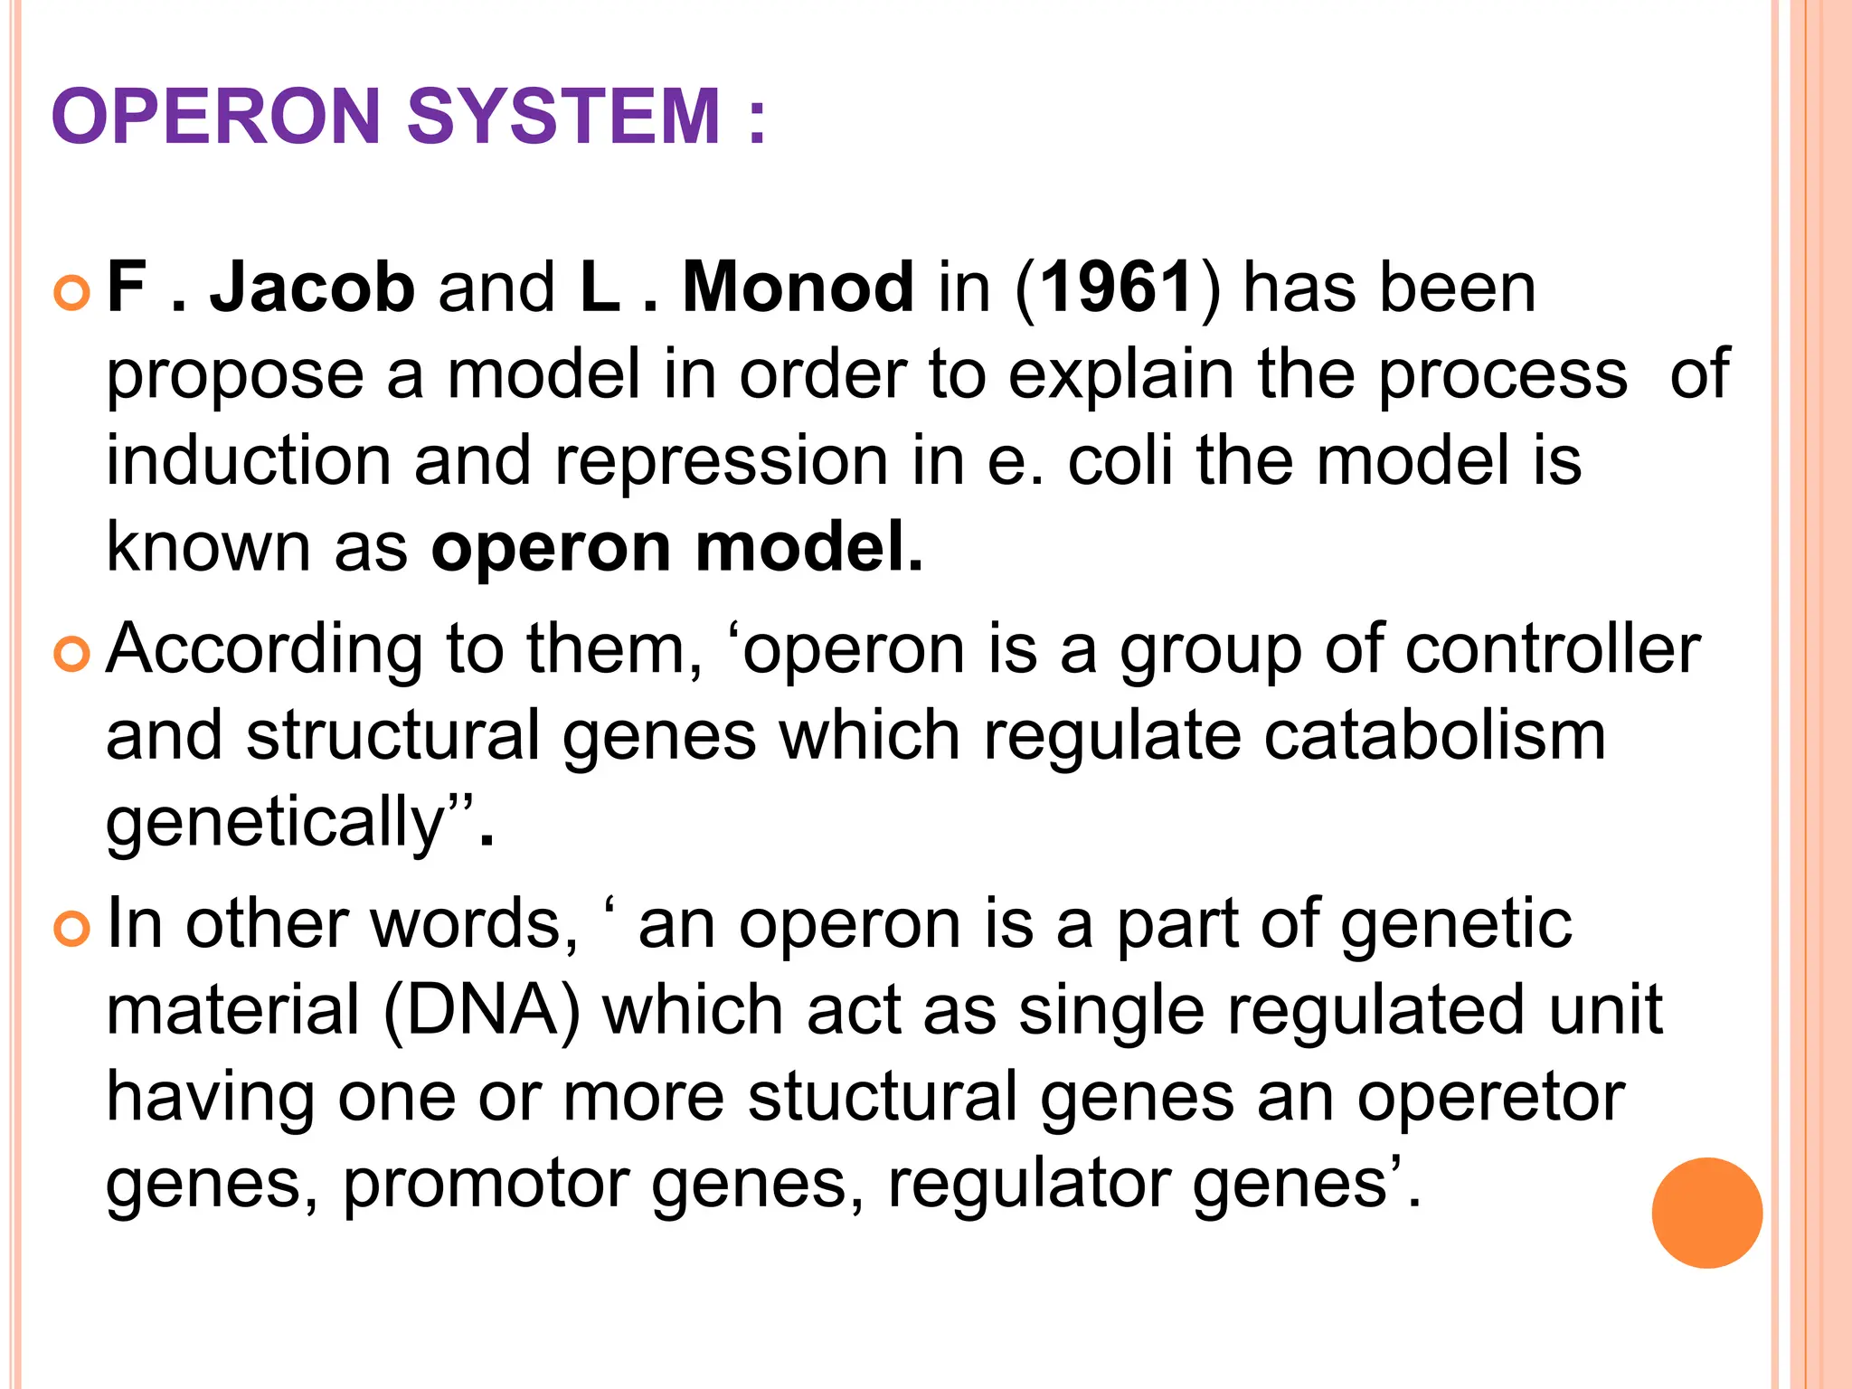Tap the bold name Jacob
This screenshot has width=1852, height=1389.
coord(312,288)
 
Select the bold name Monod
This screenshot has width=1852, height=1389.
coord(798,288)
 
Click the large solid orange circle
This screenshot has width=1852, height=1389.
coord(1706,1213)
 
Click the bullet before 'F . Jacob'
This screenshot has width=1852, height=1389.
coord(72,294)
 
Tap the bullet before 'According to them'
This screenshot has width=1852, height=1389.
coord(72,655)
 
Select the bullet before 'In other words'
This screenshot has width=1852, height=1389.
coord(72,929)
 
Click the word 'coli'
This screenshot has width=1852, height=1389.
coord(1120,460)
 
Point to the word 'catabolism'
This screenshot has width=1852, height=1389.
coord(1434,734)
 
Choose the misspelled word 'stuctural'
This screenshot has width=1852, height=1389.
coord(883,1096)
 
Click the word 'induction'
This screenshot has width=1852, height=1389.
coord(249,460)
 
